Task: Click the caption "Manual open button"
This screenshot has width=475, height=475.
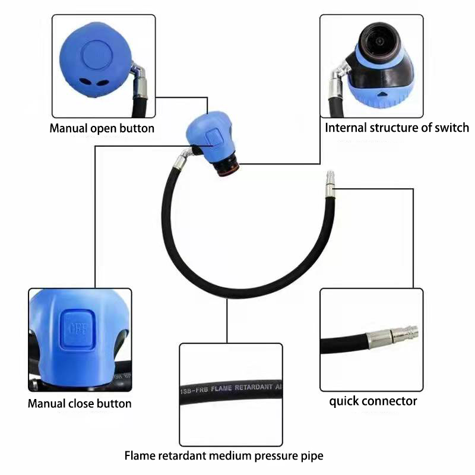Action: (x=102, y=128)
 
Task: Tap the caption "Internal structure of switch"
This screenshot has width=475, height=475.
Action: (x=397, y=128)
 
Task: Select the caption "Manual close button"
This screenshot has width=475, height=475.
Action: (x=80, y=404)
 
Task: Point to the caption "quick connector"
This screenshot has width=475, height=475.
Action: (x=373, y=401)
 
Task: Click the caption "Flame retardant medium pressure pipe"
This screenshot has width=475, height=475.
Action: (x=224, y=456)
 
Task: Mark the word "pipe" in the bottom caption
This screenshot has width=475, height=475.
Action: (x=312, y=457)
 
